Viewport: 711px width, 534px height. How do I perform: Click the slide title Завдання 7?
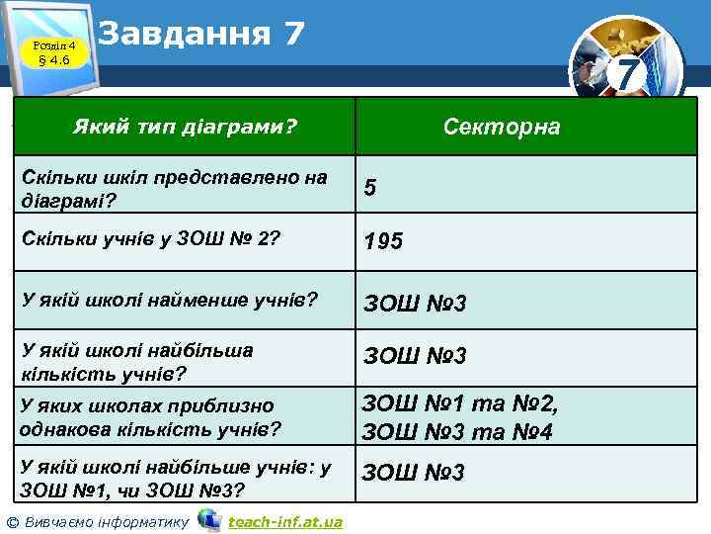pyautogui.click(x=201, y=33)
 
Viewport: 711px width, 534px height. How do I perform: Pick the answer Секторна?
pyautogui.click(x=502, y=127)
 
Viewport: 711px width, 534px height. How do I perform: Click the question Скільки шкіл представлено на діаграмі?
pyautogui.click(x=173, y=187)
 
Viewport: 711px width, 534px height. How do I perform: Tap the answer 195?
pyautogui.click(x=383, y=240)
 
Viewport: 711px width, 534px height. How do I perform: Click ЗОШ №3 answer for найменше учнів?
pyautogui.click(x=415, y=302)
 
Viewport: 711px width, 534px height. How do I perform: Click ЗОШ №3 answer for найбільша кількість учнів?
pyautogui.click(x=415, y=355)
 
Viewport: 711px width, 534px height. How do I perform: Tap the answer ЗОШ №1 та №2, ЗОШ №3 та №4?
pyautogui.click(x=460, y=417)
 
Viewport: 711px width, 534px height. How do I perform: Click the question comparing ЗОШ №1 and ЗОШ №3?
pyautogui.click(x=176, y=478)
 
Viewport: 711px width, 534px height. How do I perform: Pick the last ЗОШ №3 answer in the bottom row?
pyautogui.click(x=413, y=473)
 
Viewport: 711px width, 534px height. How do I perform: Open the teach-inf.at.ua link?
pyautogui.click(x=284, y=521)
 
